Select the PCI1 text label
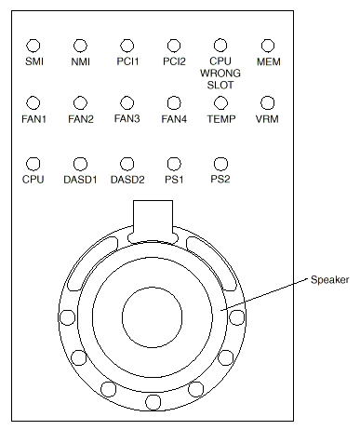[x=127, y=61]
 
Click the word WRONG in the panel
[x=220, y=74]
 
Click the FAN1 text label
[x=33, y=119]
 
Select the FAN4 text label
[x=174, y=119]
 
